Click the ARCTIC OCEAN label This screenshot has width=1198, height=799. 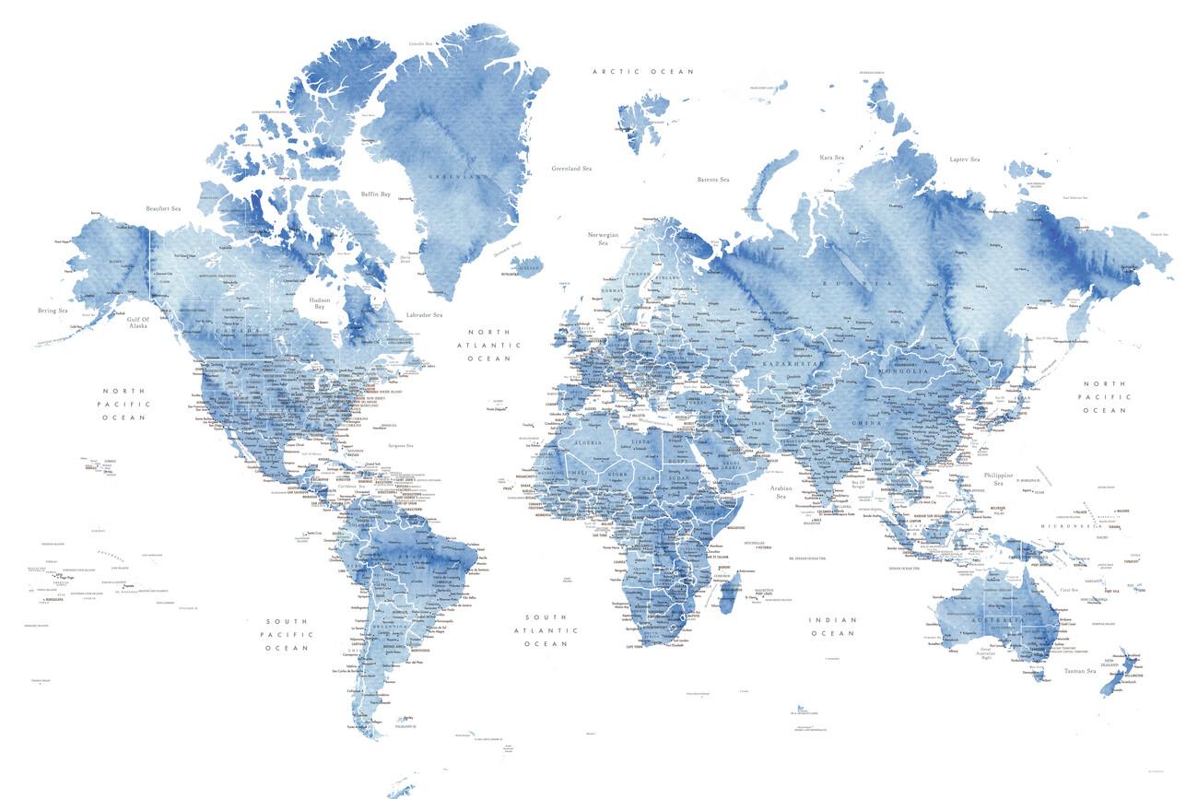[x=643, y=71]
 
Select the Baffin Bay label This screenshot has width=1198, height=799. [x=376, y=194]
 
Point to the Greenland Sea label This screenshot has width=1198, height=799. [x=571, y=169]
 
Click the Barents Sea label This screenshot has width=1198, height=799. [x=713, y=179]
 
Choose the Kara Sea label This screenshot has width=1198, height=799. [x=832, y=158]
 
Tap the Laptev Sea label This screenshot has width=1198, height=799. [x=965, y=159]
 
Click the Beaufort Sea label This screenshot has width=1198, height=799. [x=163, y=209]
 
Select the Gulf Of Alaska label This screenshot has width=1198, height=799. [x=138, y=321]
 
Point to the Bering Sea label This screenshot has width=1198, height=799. [x=52, y=311]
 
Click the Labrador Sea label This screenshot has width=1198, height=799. [x=425, y=315]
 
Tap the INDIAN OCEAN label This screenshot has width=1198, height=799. [x=833, y=627]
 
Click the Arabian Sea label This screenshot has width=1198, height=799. [x=781, y=492]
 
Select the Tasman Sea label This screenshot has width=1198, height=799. [x=1079, y=671]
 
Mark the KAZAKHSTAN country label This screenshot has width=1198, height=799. [x=789, y=365]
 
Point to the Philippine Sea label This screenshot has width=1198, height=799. [x=998, y=478]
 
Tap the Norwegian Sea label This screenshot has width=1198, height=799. [x=604, y=239]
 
